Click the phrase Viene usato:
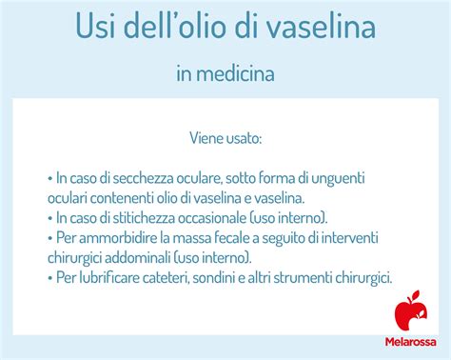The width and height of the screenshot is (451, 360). click(225, 140)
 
